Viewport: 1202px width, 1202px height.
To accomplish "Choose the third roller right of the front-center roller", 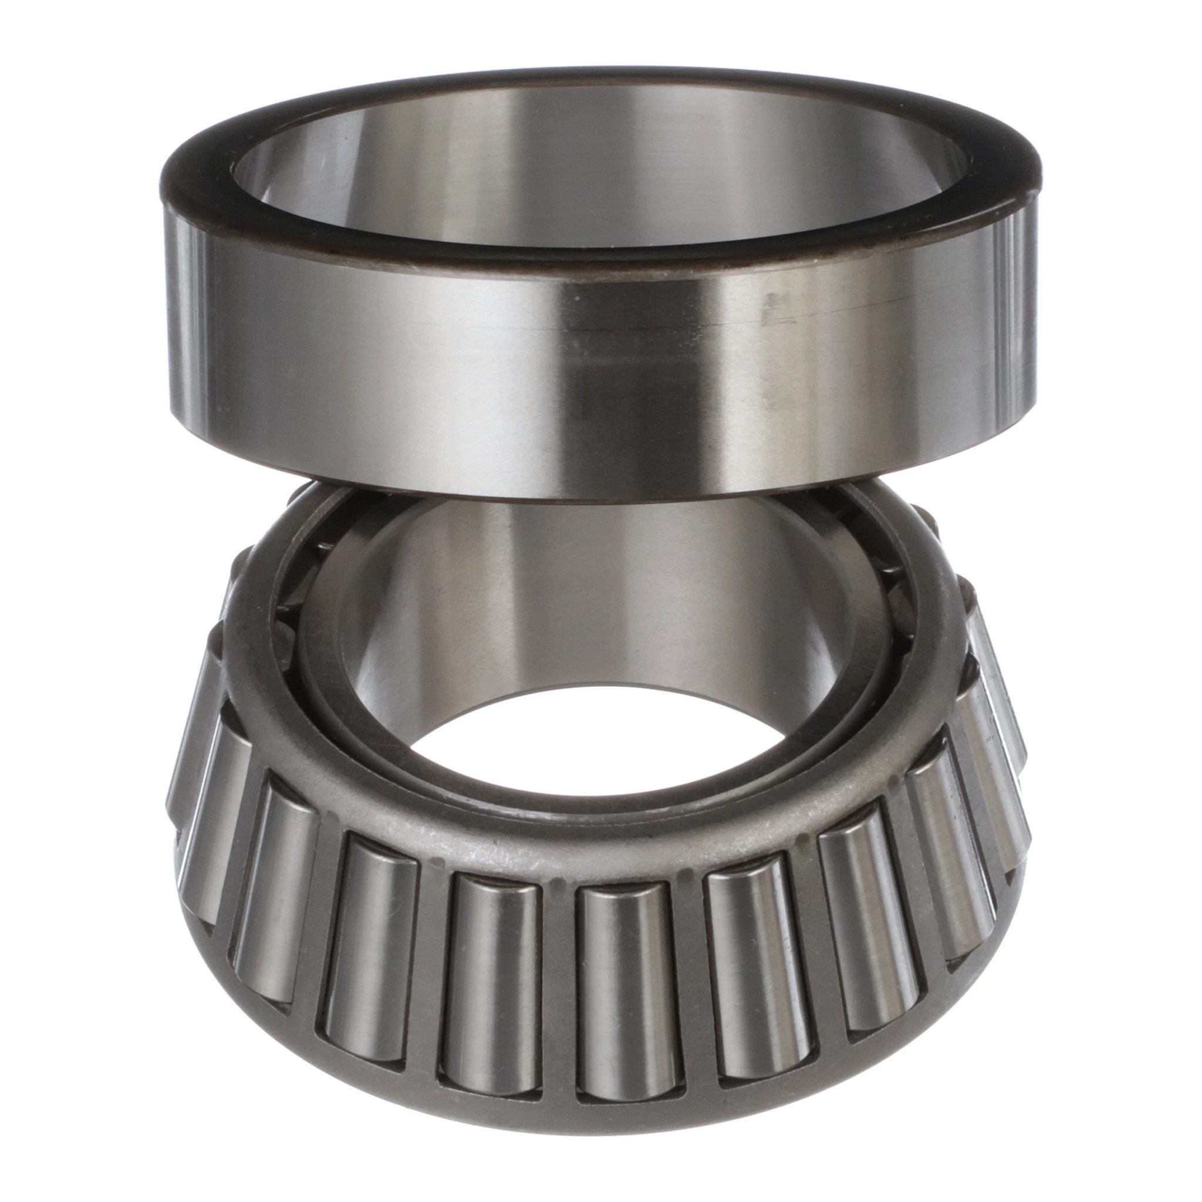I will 949,871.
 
